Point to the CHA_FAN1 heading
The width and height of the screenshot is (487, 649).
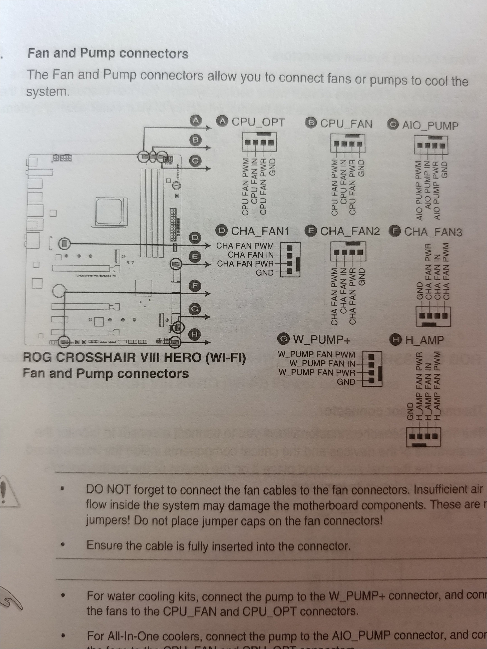click(x=260, y=232)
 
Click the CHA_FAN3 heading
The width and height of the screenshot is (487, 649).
click(x=433, y=232)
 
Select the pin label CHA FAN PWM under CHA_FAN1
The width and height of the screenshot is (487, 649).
click(x=245, y=246)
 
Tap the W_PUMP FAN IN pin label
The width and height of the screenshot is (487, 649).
click(x=322, y=364)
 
